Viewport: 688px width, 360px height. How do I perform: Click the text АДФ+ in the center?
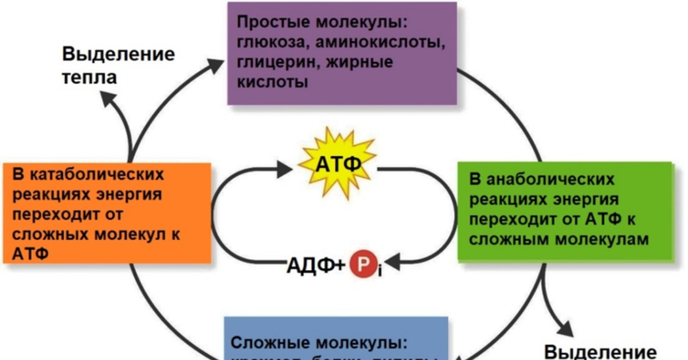[x=316, y=265]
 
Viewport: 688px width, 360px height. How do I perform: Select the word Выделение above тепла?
[x=118, y=56]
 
